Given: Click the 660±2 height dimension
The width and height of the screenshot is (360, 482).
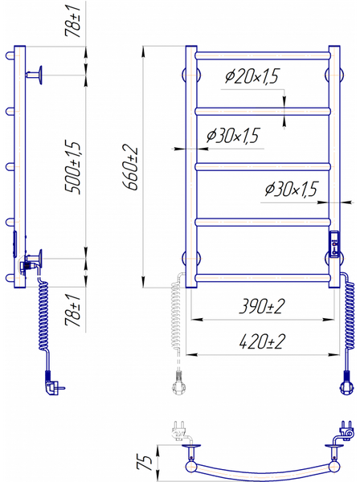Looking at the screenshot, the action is click(130, 167).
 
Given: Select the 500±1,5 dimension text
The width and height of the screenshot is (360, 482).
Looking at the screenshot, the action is click(73, 167).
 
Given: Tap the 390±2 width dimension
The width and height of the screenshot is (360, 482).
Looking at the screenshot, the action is click(262, 306).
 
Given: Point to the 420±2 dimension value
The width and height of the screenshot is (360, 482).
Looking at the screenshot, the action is click(262, 341).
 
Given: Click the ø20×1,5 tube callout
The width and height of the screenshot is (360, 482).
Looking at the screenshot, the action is click(252, 76).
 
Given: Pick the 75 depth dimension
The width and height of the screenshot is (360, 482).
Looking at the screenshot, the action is click(144, 462).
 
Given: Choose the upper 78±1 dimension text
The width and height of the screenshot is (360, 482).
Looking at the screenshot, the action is click(73, 20).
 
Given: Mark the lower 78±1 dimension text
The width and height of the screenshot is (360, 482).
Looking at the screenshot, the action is click(73, 310).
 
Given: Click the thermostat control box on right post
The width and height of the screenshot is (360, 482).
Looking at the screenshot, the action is click(334, 244).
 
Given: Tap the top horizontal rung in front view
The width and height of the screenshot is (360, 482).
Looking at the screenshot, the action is click(263, 56).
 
